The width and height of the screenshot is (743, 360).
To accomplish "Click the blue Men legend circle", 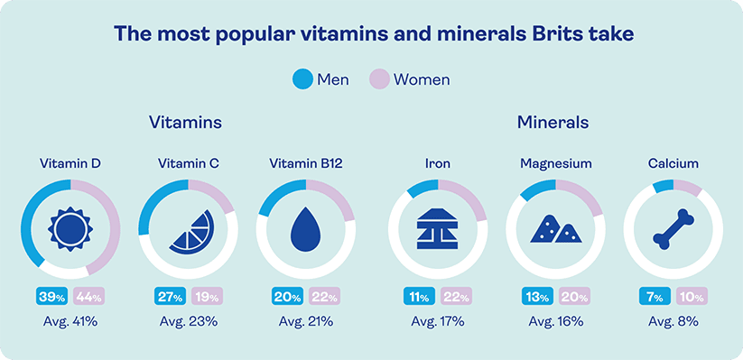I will [302, 78].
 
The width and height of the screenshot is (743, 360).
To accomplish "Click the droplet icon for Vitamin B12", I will [305, 229].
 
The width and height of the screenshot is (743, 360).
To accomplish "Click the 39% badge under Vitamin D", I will [50, 295].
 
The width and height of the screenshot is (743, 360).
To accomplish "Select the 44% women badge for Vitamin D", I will [88, 295].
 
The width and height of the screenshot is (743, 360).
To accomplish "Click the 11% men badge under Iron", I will [417, 295].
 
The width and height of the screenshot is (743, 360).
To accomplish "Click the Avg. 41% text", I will [70, 320].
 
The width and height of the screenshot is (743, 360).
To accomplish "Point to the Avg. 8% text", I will [673, 320].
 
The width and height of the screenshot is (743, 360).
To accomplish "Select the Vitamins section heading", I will [186, 121].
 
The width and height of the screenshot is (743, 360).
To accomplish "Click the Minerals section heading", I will [553, 121].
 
